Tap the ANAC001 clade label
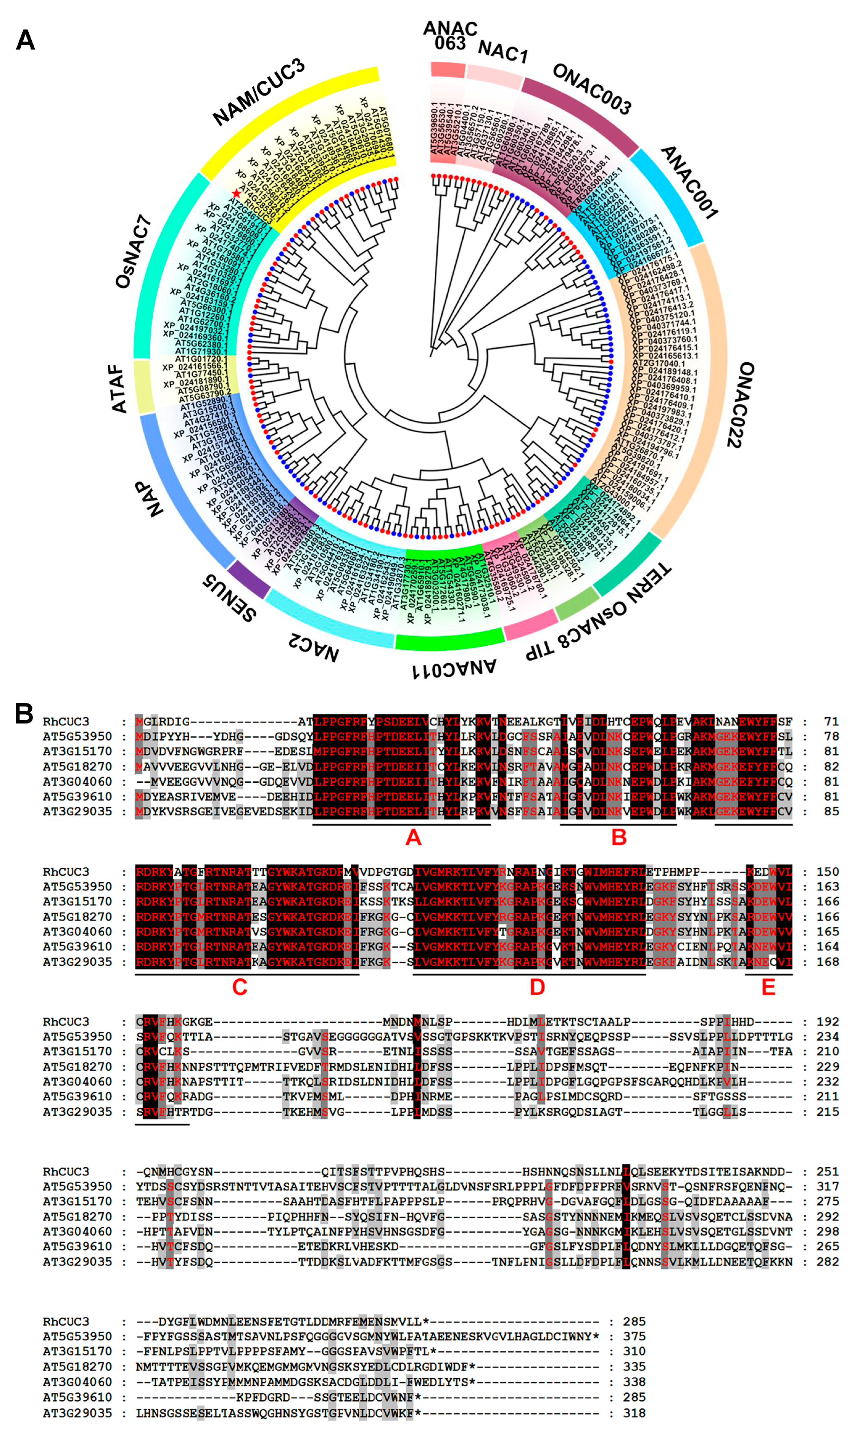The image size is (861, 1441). [x=689, y=182]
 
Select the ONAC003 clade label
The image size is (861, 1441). [x=592, y=89]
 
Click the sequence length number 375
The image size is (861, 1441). [x=634, y=1336]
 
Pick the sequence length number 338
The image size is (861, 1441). [x=634, y=1381]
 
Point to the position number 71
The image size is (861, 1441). [x=831, y=721]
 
